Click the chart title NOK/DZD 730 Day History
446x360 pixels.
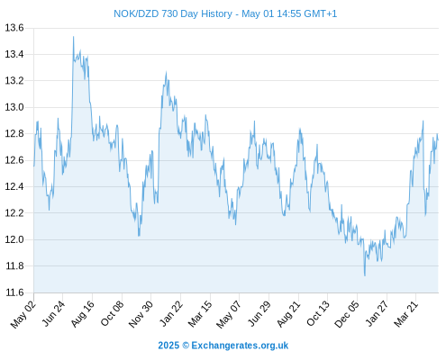(x=173, y=13)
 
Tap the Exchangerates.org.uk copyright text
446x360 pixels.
(x=223, y=346)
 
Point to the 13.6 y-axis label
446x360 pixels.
(x=14, y=28)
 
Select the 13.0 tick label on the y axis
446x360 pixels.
(x=14, y=107)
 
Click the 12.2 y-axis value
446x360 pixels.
(x=14, y=213)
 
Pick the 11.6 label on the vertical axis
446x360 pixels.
(x=14, y=292)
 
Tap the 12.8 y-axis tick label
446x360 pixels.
(x=14, y=133)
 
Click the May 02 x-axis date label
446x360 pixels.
(x=23, y=314)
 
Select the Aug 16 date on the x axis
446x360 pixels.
(x=83, y=314)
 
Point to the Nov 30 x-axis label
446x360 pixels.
(x=141, y=314)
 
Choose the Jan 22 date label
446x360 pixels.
(x=171, y=314)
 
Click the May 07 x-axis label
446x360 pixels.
(x=229, y=314)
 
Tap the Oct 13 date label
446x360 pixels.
(x=318, y=313)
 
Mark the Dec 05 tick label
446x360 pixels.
(x=347, y=314)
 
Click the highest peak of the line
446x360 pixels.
(x=73, y=37)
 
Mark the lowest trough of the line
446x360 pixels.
(x=365, y=275)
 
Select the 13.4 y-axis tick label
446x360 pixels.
(x=14, y=54)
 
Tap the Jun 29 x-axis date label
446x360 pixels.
(x=259, y=314)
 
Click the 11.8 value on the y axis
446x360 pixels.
(x=14, y=266)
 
